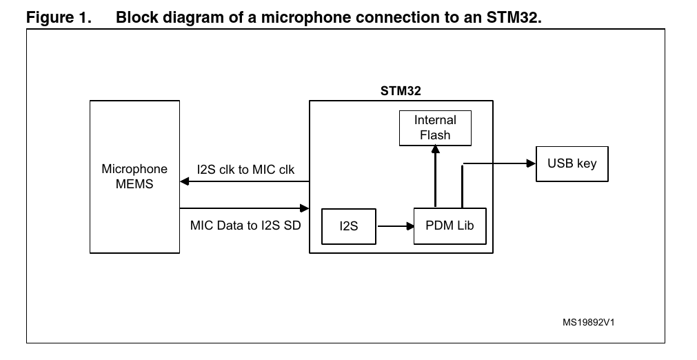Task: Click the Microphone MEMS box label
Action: [134, 176]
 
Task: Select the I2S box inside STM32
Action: [349, 226]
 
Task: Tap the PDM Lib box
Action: [449, 226]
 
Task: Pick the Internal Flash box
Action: [435, 128]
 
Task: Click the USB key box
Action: [572, 164]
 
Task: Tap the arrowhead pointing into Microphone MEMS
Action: [185, 182]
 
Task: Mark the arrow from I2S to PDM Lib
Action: [394, 226]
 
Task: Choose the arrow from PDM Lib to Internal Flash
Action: [435, 177]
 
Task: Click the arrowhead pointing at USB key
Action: [531, 163]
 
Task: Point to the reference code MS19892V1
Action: [588, 321]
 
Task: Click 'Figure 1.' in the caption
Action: [58, 18]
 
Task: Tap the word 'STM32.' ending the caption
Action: [516, 18]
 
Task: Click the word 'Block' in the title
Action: [137, 18]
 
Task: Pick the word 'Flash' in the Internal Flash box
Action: [435, 134]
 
